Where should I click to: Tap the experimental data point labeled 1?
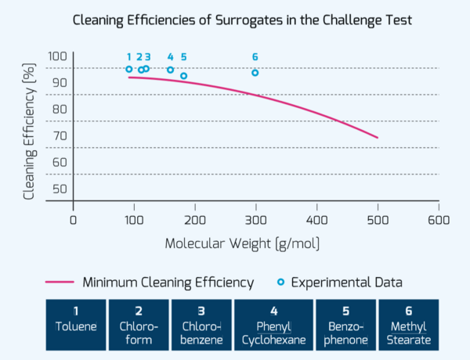pyautogui.click(x=129, y=70)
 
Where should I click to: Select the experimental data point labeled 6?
pyautogui.click(x=255, y=73)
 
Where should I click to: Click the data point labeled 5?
pyautogui.click(x=183, y=76)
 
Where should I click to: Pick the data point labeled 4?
pyautogui.click(x=170, y=70)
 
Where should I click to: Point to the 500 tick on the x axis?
pyautogui.click(x=378, y=219)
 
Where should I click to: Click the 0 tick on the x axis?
pyautogui.click(x=73, y=219)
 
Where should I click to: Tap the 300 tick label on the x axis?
pyautogui.click(x=255, y=219)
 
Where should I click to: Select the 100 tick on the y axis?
pyautogui.click(x=58, y=56)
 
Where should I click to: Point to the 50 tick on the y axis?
pyautogui.click(x=60, y=188)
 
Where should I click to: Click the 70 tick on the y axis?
pyautogui.click(x=60, y=135)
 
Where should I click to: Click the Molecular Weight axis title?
pyautogui.click(x=242, y=243)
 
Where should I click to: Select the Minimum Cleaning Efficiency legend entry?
pyautogui.click(x=150, y=282)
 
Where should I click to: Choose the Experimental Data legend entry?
pyautogui.click(x=340, y=282)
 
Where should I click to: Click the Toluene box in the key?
pyautogui.click(x=76, y=325)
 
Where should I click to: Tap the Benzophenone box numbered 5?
pyautogui.click(x=345, y=325)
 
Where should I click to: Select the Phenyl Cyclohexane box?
pyautogui.click(x=273, y=325)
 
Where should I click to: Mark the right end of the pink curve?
pyautogui.click(x=378, y=138)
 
